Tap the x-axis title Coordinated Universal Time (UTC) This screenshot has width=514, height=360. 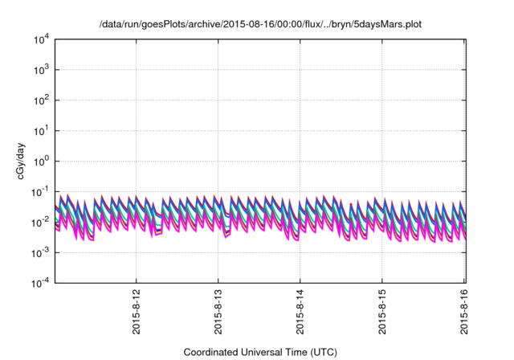(260, 352)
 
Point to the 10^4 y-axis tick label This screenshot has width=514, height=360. (42, 39)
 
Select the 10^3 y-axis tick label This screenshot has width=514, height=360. (42, 70)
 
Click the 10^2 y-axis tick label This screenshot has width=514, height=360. (42, 100)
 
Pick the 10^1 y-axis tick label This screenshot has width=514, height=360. (42, 130)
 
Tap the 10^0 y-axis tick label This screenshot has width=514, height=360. (42, 161)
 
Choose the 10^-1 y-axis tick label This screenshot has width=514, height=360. (40, 191)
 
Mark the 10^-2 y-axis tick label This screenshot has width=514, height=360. (40, 222)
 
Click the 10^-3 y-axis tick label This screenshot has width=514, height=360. (40, 252)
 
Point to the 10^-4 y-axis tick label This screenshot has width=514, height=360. (40, 282)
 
